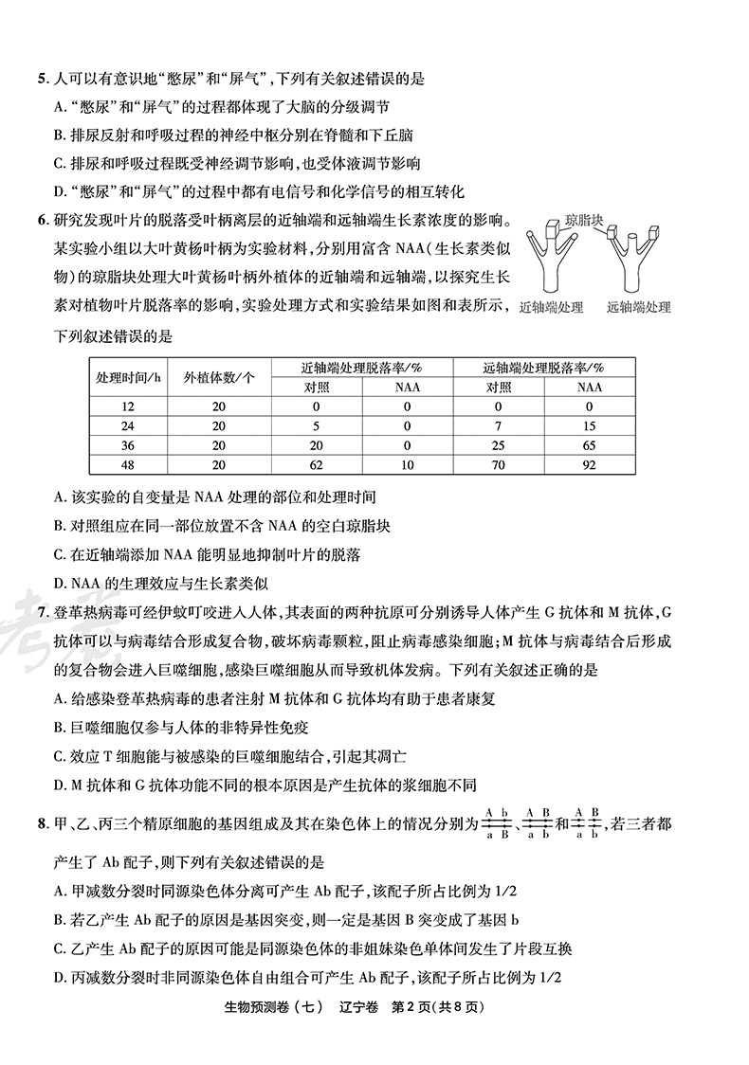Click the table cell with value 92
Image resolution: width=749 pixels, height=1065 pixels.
[x=589, y=464]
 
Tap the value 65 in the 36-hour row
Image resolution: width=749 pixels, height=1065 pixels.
[x=589, y=444]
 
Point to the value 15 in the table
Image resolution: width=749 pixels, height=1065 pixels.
[x=589, y=424]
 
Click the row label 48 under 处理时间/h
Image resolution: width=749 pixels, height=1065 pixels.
[x=128, y=464]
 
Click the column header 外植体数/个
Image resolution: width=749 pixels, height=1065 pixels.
[x=220, y=376]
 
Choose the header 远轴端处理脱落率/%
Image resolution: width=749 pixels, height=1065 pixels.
[x=543, y=368]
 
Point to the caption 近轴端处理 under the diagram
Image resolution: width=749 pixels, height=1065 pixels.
[x=551, y=307]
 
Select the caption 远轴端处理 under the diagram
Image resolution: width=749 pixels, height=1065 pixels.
[x=638, y=307]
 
